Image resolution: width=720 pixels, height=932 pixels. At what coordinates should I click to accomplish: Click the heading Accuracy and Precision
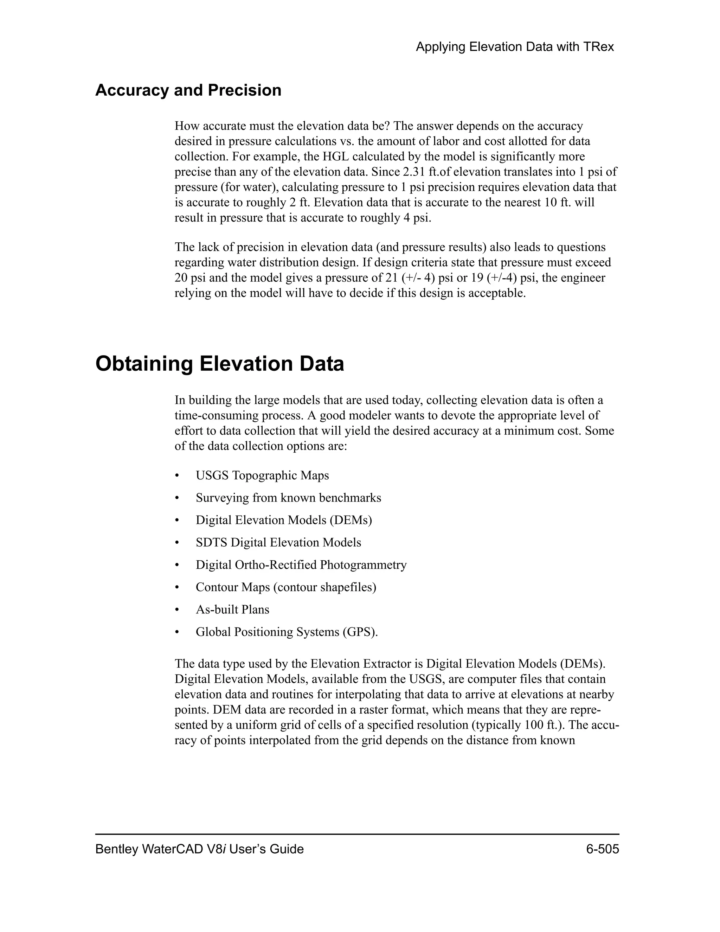[188, 90]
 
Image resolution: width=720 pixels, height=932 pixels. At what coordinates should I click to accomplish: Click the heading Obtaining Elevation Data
[219, 364]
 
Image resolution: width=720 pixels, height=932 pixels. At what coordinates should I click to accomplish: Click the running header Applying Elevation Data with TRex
[514, 47]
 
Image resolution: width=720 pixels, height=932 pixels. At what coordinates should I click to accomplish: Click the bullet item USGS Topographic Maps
[262, 475]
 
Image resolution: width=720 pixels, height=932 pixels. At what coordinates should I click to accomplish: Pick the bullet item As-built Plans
[232, 609]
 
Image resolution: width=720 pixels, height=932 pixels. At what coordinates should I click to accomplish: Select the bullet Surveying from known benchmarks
[288, 498]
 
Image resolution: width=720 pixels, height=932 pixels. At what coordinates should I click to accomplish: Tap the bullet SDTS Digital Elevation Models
[278, 542]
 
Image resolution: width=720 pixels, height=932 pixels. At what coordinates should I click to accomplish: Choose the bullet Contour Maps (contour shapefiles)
[286, 587]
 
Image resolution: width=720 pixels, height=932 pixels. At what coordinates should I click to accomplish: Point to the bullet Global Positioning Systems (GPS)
[286, 632]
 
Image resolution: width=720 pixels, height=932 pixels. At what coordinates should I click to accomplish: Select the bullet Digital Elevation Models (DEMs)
[284, 520]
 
